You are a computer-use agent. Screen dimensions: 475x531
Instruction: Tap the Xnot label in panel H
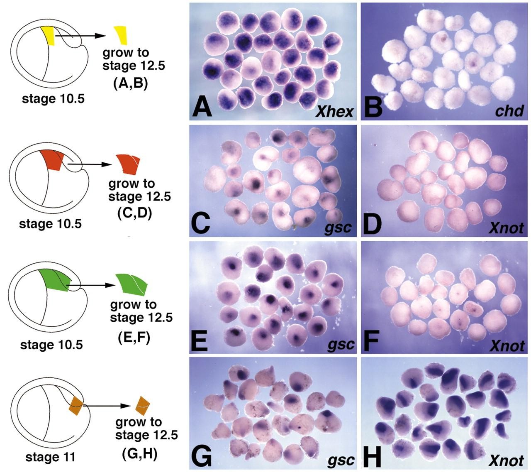coord(507,460)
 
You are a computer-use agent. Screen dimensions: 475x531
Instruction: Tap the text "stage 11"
coord(50,457)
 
